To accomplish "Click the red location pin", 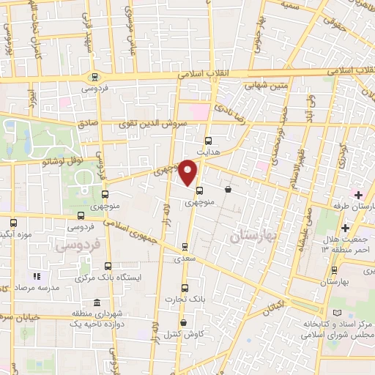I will [188, 172].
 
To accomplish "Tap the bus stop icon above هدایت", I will [208, 141].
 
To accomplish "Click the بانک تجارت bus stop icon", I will [185, 287].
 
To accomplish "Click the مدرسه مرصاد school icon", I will [36, 276].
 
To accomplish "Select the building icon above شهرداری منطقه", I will [97, 303].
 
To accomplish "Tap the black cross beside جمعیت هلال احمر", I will [365, 229].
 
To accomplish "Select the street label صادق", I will [88, 125].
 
